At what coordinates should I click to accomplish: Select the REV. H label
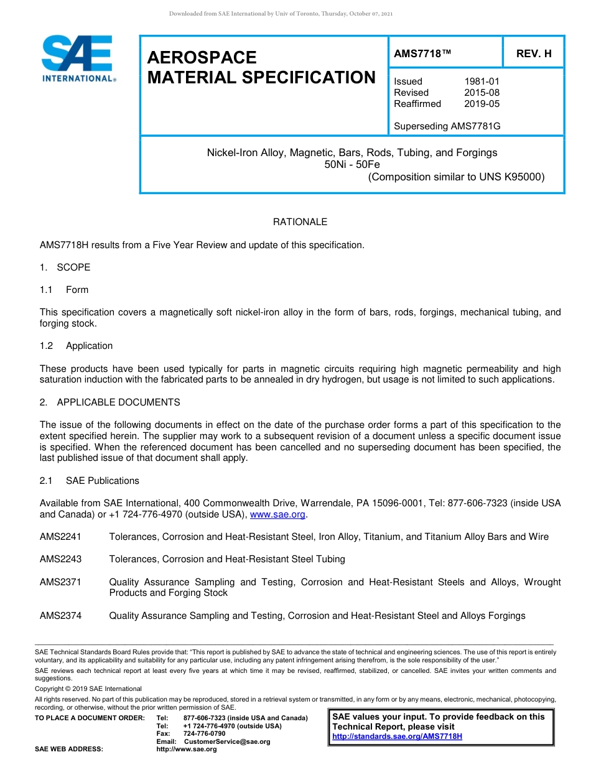534,54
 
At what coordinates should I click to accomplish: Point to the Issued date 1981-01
482,81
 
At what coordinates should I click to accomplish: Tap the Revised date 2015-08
482,93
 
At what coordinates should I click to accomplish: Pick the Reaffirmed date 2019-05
482,104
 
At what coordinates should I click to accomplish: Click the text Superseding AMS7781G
447,126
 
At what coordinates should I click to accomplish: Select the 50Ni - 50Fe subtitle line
352,165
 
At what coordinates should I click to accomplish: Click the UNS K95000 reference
511,177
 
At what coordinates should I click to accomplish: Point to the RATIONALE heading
300,222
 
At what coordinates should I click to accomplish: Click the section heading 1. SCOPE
65,267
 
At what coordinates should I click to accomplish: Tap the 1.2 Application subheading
76,346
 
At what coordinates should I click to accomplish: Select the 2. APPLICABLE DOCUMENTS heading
109,402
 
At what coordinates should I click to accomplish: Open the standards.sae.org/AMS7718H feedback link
397,736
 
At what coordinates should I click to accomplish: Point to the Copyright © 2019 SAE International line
88,688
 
